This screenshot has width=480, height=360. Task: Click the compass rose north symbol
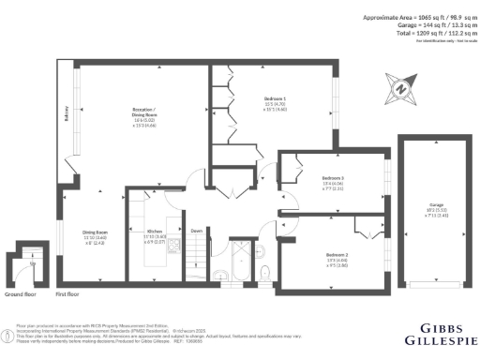(400, 89)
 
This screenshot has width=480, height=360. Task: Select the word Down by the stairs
(196, 231)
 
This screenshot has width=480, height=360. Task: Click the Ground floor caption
(20, 293)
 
